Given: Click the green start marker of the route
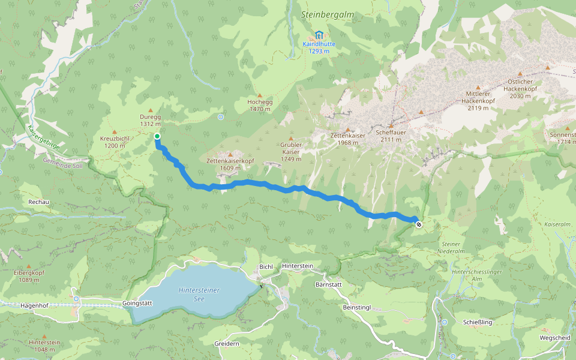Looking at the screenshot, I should (x=157, y=136).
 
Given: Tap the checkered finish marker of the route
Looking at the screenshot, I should (x=418, y=224).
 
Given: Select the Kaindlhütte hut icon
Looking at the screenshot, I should (x=319, y=34).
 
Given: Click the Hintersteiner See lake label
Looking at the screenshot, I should (x=199, y=294).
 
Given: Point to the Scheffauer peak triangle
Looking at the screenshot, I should (x=391, y=127).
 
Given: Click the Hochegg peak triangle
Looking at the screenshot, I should (x=260, y=95).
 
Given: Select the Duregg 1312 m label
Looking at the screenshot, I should (x=151, y=120).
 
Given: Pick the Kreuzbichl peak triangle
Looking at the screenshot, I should (x=115, y=131).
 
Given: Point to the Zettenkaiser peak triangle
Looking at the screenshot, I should (x=347, y=130).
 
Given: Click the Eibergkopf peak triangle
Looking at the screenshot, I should (x=28, y=266).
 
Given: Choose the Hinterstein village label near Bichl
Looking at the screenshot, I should (x=298, y=266).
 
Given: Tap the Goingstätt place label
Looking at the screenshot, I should (x=137, y=303).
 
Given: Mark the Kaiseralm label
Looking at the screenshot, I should (x=556, y=224).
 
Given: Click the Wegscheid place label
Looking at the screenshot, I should (x=554, y=337).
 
